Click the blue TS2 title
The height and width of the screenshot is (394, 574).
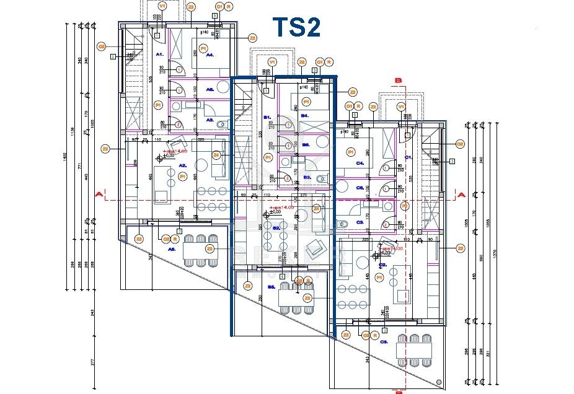[297, 28]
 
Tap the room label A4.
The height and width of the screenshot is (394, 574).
[210, 55]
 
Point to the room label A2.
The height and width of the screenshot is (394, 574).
[183, 166]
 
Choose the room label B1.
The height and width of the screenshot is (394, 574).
[268, 117]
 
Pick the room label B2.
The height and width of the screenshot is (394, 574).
[276, 228]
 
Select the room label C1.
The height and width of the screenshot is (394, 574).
[408, 157]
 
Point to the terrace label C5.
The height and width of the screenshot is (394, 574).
[384, 341]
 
